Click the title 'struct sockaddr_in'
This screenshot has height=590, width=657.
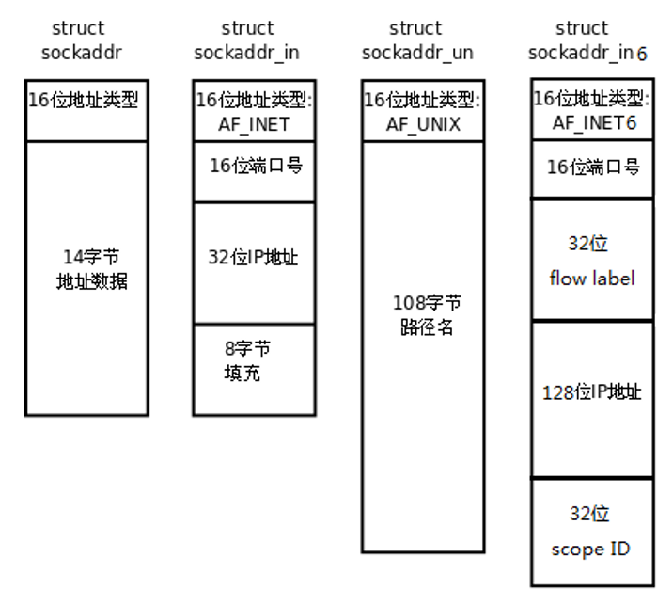pos(247,40)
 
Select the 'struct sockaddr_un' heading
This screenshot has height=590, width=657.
pos(415,40)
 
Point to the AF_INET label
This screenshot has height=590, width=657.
pos(253,123)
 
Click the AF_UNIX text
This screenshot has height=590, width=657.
pos(422,123)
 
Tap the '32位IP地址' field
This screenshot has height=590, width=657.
pos(253,257)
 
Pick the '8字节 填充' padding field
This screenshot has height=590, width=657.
pos(246,361)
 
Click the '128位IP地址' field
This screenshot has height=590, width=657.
pos(592,391)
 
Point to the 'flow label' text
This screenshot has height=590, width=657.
pos(592,279)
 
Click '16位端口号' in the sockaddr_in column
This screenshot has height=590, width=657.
pos(255,167)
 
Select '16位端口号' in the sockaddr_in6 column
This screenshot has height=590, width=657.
pos(592,167)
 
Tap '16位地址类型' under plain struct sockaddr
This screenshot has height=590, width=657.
pos(86,98)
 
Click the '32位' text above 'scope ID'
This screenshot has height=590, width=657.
pos(589,514)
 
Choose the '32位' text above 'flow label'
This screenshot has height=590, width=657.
pos(588,245)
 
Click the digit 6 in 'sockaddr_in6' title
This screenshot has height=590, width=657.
pos(642,54)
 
